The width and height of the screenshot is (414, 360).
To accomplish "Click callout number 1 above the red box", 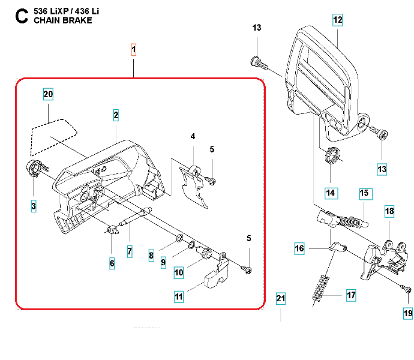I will click(133, 49).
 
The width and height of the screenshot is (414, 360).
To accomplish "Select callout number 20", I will click(49, 94).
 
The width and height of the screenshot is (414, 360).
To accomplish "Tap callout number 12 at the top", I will click(337, 20).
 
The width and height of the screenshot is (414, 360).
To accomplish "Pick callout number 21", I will click(281, 298).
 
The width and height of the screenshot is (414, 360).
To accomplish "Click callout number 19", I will click(408, 313).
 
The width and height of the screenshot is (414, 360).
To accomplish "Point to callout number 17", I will click(352, 295).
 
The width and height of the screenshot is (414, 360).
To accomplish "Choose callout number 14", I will click(331, 193).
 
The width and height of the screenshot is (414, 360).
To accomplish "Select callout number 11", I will click(179, 296).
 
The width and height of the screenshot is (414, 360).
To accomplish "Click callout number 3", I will click(34, 206).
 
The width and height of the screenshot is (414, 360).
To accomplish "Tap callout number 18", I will click(389, 212).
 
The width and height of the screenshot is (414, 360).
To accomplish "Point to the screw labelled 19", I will click(406, 290).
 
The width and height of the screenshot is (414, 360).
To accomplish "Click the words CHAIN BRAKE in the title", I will click(63, 20).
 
